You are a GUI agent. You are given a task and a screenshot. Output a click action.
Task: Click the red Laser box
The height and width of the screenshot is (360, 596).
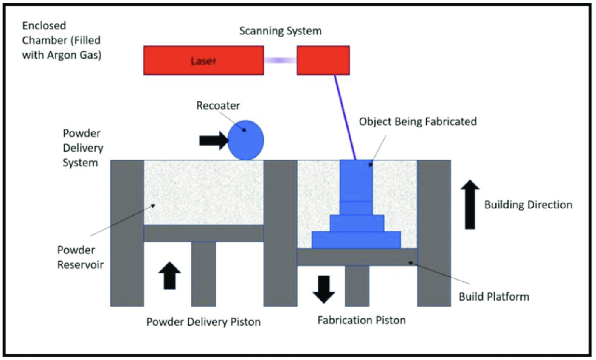point(203,61)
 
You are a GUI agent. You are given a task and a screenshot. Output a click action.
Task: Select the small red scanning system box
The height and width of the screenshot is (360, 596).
point(323,61)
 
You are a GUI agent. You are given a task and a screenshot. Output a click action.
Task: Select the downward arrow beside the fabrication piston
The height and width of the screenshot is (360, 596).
point(324,289)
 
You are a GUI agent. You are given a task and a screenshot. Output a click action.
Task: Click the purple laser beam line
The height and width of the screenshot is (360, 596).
point(345,117)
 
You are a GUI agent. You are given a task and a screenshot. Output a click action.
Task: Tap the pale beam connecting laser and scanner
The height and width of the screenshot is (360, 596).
point(280,60)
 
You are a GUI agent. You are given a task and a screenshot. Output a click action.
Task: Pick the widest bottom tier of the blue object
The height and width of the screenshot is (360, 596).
point(356,240)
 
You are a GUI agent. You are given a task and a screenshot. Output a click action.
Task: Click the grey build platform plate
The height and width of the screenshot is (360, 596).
point(357,257)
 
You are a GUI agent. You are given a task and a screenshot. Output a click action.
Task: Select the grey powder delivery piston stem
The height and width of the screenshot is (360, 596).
point(203,274)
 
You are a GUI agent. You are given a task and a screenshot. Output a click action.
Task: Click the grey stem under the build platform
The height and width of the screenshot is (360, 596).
point(357,285)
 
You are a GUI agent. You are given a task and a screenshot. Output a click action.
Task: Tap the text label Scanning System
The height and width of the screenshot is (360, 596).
point(280,31)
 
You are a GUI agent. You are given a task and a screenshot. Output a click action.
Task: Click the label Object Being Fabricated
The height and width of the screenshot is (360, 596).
point(418,121)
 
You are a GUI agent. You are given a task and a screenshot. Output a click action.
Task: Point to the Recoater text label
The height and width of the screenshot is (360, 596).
point(218,105)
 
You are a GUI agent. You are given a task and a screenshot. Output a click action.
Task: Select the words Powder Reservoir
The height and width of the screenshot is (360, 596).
point(81,257)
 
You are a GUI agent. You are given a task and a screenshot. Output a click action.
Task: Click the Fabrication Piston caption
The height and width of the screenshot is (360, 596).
point(361,320)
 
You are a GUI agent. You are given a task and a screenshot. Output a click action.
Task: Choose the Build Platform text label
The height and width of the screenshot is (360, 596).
point(494,296)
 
